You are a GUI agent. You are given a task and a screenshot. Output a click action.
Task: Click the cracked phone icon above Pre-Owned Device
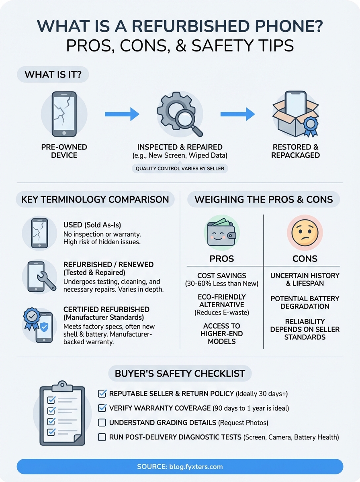click(64, 114)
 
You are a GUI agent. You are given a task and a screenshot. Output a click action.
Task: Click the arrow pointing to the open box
click(237, 114)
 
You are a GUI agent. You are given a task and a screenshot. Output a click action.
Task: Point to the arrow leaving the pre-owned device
click(122, 114)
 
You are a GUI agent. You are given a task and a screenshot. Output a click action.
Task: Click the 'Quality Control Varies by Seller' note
click(180, 169)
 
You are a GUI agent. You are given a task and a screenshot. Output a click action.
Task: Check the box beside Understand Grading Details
click(102, 423)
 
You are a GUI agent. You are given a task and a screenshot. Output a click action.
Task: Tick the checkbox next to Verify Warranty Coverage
click(102, 408)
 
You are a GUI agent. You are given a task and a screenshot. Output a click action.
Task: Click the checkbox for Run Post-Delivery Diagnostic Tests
click(102, 437)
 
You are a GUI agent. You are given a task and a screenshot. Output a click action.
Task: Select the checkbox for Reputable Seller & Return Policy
click(102, 393)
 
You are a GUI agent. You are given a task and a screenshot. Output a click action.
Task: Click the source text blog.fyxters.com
click(180, 467)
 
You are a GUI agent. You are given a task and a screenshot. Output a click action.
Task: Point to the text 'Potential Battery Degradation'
click(305, 302)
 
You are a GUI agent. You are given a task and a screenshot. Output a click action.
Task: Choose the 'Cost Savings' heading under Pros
click(221, 276)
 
